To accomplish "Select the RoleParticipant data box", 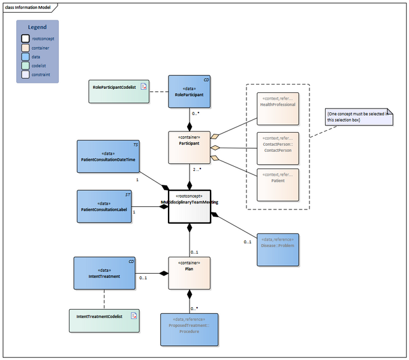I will (189, 91).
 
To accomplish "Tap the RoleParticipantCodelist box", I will (118, 91).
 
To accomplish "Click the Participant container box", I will (189, 148).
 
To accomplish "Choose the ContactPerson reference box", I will (277, 147).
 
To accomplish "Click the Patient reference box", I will (277, 184).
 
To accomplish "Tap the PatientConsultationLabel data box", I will (104, 206).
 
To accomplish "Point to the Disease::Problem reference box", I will (277, 249).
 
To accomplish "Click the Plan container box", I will (189, 273).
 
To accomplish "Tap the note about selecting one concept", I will (359, 116).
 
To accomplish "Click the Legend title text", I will (37, 27).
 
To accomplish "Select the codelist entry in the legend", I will (40, 66).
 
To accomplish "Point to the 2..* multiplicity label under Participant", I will (196, 170).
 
